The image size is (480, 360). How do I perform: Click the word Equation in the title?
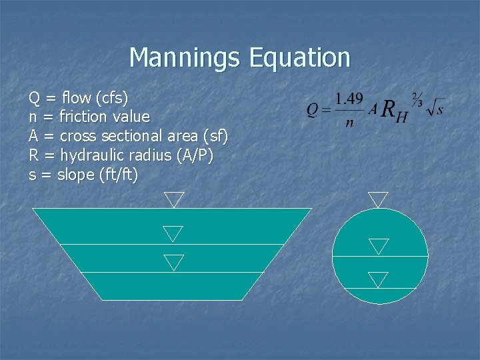[x=299, y=58]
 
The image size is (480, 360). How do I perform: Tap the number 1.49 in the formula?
[x=349, y=99]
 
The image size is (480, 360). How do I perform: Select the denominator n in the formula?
[x=349, y=123]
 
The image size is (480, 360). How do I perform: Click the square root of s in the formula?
[x=435, y=107]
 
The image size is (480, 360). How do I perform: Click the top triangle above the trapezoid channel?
[x=175, y=199]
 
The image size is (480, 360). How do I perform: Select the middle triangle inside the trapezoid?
[x=173, y=233]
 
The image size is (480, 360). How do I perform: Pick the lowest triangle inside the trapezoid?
[x=173, y=261]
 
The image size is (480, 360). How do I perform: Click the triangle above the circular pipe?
[x=378, y=199]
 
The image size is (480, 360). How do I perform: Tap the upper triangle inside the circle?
[x=379, y=246]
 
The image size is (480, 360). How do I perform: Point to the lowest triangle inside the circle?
[x=378, y=279]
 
